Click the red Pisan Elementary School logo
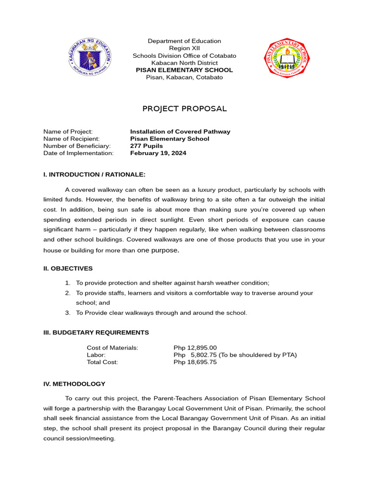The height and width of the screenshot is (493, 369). tap(288, 59)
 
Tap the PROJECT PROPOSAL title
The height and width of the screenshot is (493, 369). tap(184, 109)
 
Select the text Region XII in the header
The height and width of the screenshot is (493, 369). tap(184, 49)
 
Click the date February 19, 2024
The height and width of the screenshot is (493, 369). tap(158, 154)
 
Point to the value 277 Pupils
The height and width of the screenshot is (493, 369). tap(147, 146)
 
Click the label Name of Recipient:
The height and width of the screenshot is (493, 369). tap(72, 139)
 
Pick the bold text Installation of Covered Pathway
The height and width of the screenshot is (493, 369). tap(180, 132)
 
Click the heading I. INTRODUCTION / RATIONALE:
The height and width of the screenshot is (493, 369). tap(94, 174)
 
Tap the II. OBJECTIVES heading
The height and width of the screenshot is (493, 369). tap(68, 269)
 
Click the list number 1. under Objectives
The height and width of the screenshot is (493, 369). tap(68, 283)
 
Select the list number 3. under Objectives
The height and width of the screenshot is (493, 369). tap(68, 313)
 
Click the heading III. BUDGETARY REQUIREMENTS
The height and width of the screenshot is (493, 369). tap(96, 333)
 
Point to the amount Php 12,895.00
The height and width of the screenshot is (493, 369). tap(195, 348)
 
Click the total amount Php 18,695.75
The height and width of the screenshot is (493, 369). tap(195, 363)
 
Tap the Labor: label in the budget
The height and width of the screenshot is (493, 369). tap(96, 355)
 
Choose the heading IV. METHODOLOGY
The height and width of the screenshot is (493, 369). tap(74, 384)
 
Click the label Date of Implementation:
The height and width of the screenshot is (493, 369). tap(78, 154)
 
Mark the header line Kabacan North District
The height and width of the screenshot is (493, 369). tap(184, 63)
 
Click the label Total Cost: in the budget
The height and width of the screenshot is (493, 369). tap(102, 363)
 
